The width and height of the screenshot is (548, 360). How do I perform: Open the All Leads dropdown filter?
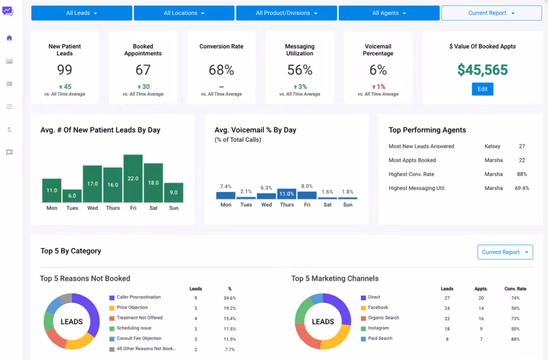click(x=82, y=13)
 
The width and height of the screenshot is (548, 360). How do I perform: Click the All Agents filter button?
click(x=389, y=13)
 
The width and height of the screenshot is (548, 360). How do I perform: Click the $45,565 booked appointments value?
click(x=482, y=70)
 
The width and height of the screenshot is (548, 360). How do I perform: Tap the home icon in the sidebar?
click(x=10, y=38)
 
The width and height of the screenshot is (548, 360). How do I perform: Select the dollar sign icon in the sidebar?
click(x=10, y=129)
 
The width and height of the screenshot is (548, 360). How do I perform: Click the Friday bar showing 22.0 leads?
click(x=133, y=178)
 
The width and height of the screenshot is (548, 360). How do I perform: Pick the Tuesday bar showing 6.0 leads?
click(x=72, y=196)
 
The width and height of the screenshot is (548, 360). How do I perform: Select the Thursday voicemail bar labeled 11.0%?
click(x=287, y=194)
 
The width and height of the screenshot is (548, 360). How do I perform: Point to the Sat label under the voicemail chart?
click(x=328, y=204)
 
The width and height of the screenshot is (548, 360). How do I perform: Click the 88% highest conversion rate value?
click(x=522, y=174)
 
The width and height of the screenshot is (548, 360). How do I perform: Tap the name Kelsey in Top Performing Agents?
click(x=493, y=146)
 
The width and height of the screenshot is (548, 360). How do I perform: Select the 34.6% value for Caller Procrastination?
click(x=229, y=298)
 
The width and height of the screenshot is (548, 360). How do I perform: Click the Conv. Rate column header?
click(x=515, y=288)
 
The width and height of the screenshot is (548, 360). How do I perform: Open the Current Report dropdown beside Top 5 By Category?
click(x=505, y=252)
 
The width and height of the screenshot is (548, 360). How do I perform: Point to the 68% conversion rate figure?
click(x=221, y=70)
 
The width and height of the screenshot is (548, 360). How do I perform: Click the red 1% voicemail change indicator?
click(x=378, y=87)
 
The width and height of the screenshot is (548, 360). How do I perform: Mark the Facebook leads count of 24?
click(x=447, y=308)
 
